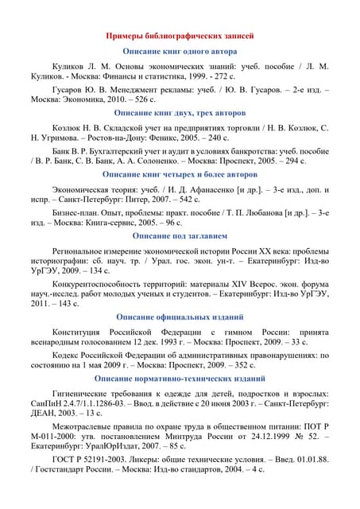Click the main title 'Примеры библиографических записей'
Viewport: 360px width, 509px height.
[180, 37]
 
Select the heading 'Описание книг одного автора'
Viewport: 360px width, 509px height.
[180, 50]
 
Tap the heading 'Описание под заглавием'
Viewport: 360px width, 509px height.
[180, 236]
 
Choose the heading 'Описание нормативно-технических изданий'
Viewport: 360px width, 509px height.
[180, 378]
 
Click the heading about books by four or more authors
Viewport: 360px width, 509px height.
[180, 174]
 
